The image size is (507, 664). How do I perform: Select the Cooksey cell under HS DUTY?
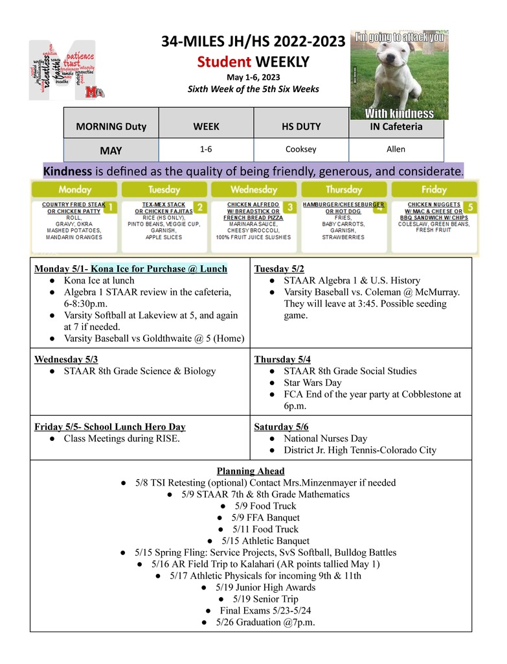pyautogui.click(x=301, y=149)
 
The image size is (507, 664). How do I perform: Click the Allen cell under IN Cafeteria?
pyautogui.click(x=396, y=149)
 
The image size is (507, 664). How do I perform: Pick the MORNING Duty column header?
pyautogui.click(x=111, y=126)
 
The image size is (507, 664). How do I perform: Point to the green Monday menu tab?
pyautogui.click(x=74, y=190)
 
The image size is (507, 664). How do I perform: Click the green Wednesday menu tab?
pyautogui.click(x=254, y=190)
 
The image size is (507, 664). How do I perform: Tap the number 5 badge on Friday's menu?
pyautogui.click(x=471, y=207)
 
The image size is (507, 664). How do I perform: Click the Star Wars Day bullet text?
pyautogui.click(x=311, y=383)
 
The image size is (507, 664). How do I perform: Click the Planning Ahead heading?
pyautogui.click(x=251, y=471)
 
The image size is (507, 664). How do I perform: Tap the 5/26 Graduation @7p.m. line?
pyautogui.click(x=257, y=622)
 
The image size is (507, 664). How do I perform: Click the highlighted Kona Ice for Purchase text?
pyautogui.click(x=159, y=268)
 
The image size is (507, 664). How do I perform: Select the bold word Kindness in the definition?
pyautogui.click(x=68, y=172)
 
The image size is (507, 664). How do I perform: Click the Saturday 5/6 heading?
pyautogui.click(x=281, y=427)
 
